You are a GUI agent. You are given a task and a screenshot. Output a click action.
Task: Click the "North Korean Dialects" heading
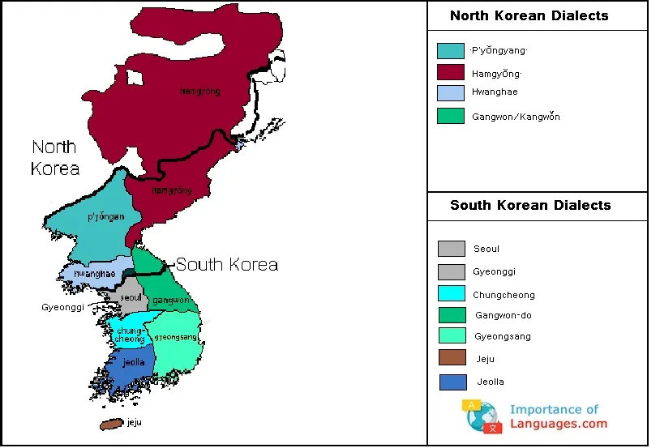tap(529, 15)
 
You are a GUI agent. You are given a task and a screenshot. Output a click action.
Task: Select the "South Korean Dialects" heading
tap(530, 205)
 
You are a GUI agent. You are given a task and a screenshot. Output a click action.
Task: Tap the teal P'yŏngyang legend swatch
tap(450, 51)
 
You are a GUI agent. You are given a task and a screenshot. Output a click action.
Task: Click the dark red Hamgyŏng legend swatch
tap(450, 72)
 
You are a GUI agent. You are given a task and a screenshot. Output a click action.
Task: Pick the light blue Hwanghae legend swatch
tap(450, 92)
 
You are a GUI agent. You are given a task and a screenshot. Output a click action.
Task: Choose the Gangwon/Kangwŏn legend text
tap(516, 117)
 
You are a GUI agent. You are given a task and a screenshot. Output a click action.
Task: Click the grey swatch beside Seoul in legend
tap(451, 249)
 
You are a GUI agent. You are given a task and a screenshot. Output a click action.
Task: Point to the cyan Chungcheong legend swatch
tap(451, 293)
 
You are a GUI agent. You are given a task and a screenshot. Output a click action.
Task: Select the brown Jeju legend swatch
tap(452, 357)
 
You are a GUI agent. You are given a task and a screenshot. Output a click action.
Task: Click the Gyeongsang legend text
tap(503, 336)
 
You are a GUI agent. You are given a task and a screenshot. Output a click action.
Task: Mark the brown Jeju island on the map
tap(111, 425)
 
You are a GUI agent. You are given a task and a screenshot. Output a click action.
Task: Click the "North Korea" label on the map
tap(54, 157)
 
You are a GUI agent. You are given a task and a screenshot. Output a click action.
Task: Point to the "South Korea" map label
tap(226, 264)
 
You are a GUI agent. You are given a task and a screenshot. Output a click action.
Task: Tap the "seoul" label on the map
tap(131, 297)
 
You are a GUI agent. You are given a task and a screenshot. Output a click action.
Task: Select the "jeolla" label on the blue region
tap(134, 362)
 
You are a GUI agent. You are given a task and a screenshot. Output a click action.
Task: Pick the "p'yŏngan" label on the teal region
tap(105, 216)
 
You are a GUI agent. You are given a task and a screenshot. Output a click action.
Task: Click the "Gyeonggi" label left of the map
tap(62, 307)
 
